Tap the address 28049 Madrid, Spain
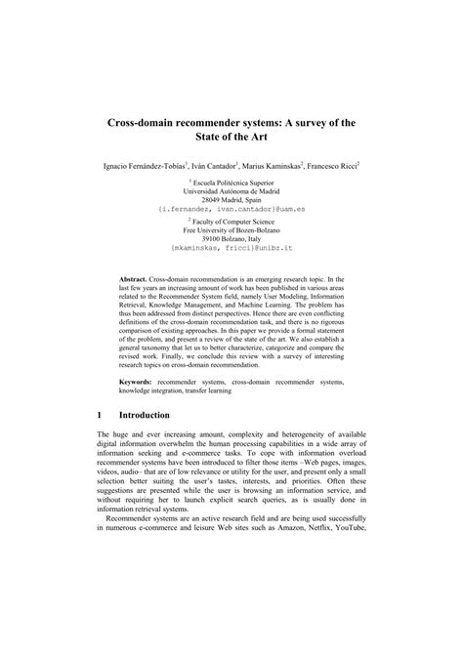point(231,200)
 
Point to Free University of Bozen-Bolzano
point(232,237)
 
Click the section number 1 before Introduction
point(100,415)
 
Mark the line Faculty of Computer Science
point(234,228)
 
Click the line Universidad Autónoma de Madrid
point(231,191)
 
